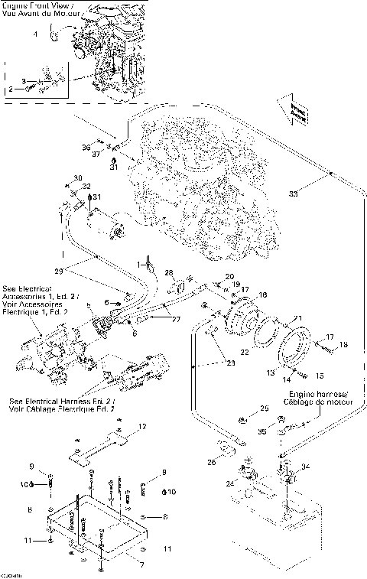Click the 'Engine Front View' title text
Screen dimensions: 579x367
click(35, 6)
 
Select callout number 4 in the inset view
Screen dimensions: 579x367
click(34, 35)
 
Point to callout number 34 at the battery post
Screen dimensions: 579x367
click(305, 465)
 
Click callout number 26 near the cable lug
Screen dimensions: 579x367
click(212, 461)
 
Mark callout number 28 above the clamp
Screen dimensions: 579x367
click(170, 272)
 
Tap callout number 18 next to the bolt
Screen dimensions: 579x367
click(343, 345)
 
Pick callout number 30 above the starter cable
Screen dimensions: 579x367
click(78, 178)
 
